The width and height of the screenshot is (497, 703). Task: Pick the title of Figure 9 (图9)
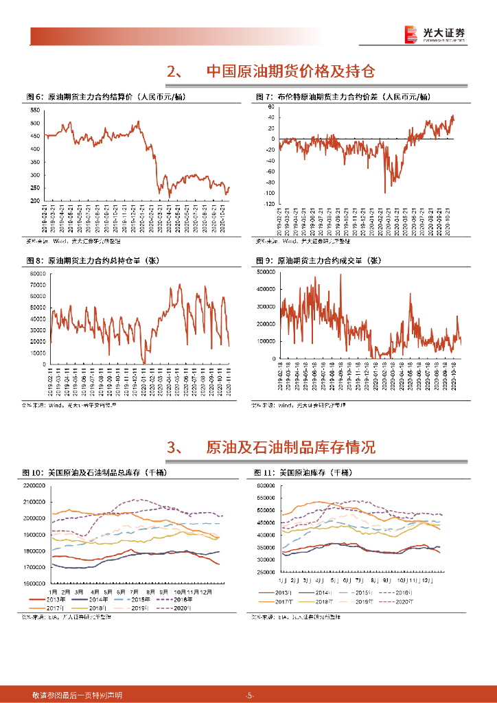(x=318, y=261)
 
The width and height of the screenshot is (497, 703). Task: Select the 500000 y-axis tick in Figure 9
(x=265, y=272)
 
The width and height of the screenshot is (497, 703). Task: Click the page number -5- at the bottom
(x=249, y=695)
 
